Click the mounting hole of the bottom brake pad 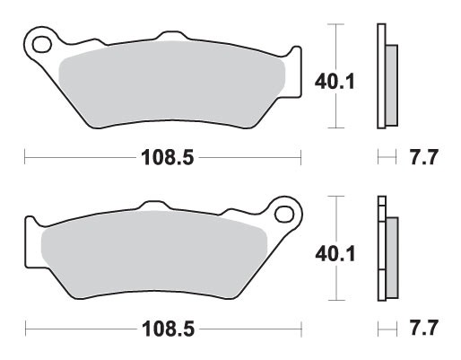coord(286,214)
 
